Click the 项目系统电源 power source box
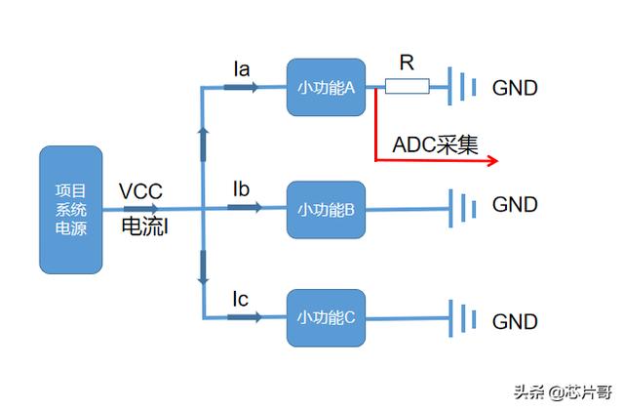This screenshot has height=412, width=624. (70, 210)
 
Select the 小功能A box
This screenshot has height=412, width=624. (325, 88)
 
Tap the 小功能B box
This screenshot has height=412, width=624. (325, 208)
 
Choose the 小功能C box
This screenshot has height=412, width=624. (325, 316)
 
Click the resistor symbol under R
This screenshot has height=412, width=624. (406, 88)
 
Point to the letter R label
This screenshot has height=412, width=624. (407, 63)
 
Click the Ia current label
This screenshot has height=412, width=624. (241, 68)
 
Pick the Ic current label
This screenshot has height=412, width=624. (241, 298)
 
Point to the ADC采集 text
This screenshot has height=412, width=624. (436, 144)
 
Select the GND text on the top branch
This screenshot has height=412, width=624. (514, 88)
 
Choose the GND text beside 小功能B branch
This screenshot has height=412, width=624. (514, 205)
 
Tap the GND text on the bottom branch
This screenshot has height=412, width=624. (514, 321)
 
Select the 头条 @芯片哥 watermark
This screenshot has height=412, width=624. (563, 392)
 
